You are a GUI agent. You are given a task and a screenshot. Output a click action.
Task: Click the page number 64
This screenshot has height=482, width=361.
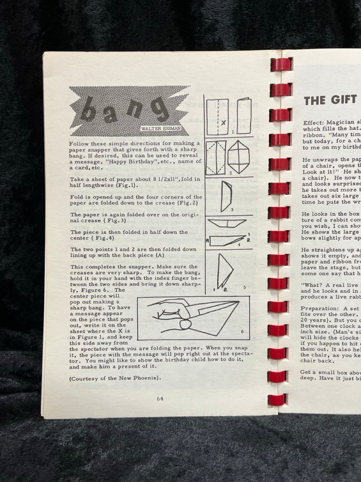coord(160,399)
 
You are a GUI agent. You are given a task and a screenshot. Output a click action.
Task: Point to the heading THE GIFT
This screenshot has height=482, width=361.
coord(330,100)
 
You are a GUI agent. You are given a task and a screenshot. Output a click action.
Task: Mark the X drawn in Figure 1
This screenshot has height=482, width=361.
coord(223,122)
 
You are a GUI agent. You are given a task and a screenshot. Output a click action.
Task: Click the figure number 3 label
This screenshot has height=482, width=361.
coord(232,209)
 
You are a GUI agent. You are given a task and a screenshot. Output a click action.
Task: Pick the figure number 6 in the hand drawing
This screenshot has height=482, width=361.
coord(242,331)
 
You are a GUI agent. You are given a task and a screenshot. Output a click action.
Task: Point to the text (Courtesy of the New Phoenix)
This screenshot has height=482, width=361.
coord(115,378)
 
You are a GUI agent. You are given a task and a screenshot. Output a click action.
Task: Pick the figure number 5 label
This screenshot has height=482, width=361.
coord(244,287)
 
